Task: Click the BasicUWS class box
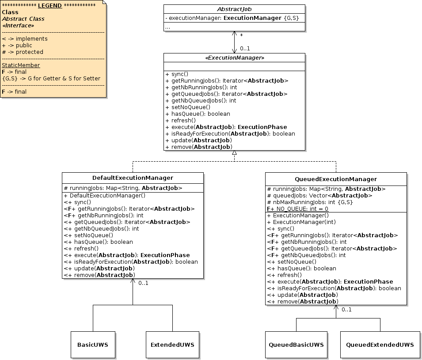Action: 93,345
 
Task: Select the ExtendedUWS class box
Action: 172,345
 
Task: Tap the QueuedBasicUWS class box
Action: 296,345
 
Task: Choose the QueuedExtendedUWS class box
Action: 380,345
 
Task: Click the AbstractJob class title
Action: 234,9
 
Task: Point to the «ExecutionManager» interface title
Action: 234,58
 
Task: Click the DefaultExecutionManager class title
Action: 133,178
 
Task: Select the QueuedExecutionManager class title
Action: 335,179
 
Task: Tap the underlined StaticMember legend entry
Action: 21,65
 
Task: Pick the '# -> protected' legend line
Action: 23,52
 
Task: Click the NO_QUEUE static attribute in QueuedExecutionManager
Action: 297,208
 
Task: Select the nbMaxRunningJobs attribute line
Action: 309,202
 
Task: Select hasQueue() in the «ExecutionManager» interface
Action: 194,114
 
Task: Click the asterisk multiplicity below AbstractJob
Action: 241,35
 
